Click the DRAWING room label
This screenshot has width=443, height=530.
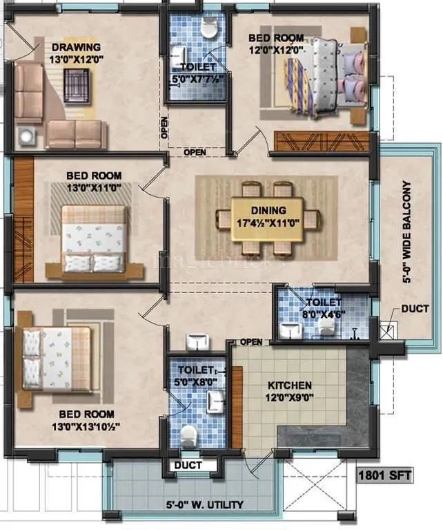[x=76, y=47]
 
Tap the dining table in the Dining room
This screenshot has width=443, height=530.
[x=267, y=219]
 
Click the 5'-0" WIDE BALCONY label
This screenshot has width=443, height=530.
[x=407, y=233]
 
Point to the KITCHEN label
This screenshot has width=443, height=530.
[x=291, y=385]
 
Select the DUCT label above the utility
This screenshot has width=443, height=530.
[x=188, y=465]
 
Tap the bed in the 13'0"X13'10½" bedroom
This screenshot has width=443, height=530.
[x=55, y=357]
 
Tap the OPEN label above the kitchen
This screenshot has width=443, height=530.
[x=250, y=341]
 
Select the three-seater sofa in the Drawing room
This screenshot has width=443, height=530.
[x=76, y=134]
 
